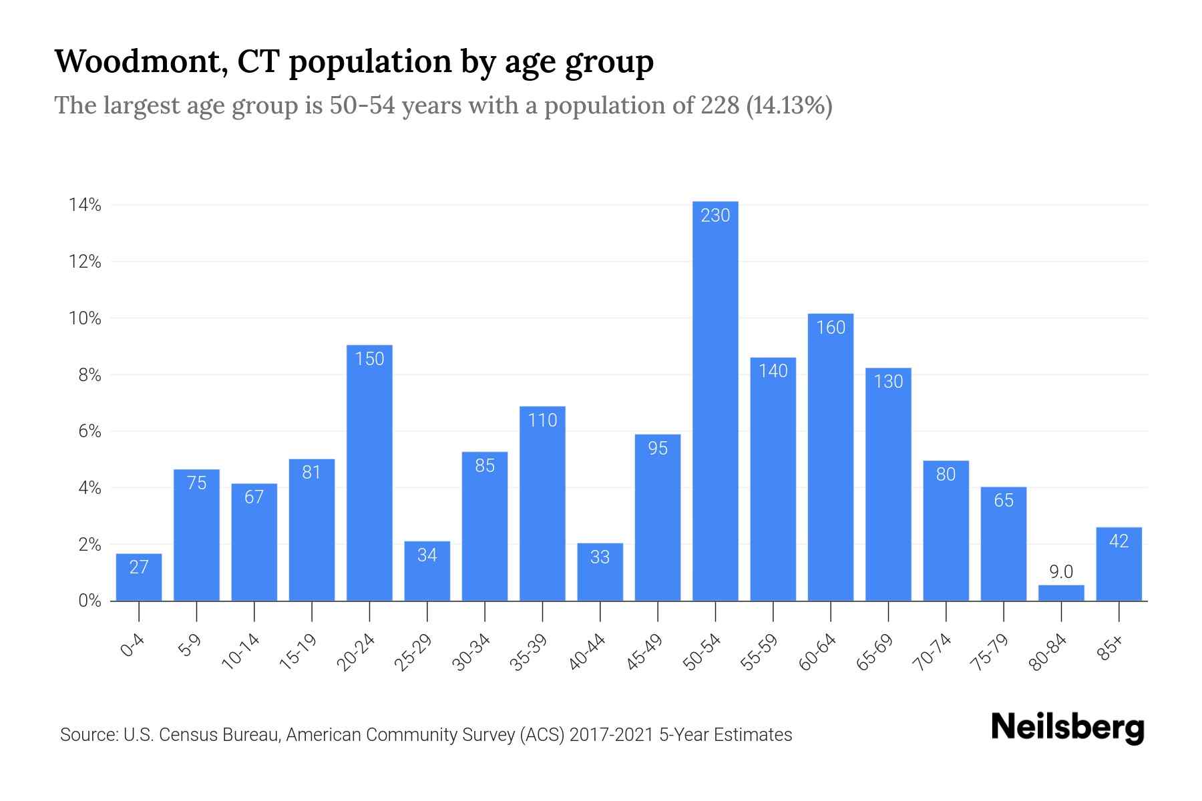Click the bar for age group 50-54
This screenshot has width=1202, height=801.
(x=715, y=400)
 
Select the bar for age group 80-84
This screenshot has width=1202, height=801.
(x=1061, y=593)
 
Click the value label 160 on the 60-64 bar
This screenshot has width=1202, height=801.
(x=831, y=327)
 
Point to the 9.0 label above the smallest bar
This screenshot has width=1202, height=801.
(x=1060, y=572)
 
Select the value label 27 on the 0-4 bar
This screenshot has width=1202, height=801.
(x=139, y=567)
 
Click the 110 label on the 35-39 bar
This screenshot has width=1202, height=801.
(x=542, y=420)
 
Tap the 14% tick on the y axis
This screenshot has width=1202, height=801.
(x=85, y=206)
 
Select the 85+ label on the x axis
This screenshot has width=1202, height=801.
(x=1111, y=648)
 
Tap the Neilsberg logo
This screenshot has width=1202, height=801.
(x=1067, y=728)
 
